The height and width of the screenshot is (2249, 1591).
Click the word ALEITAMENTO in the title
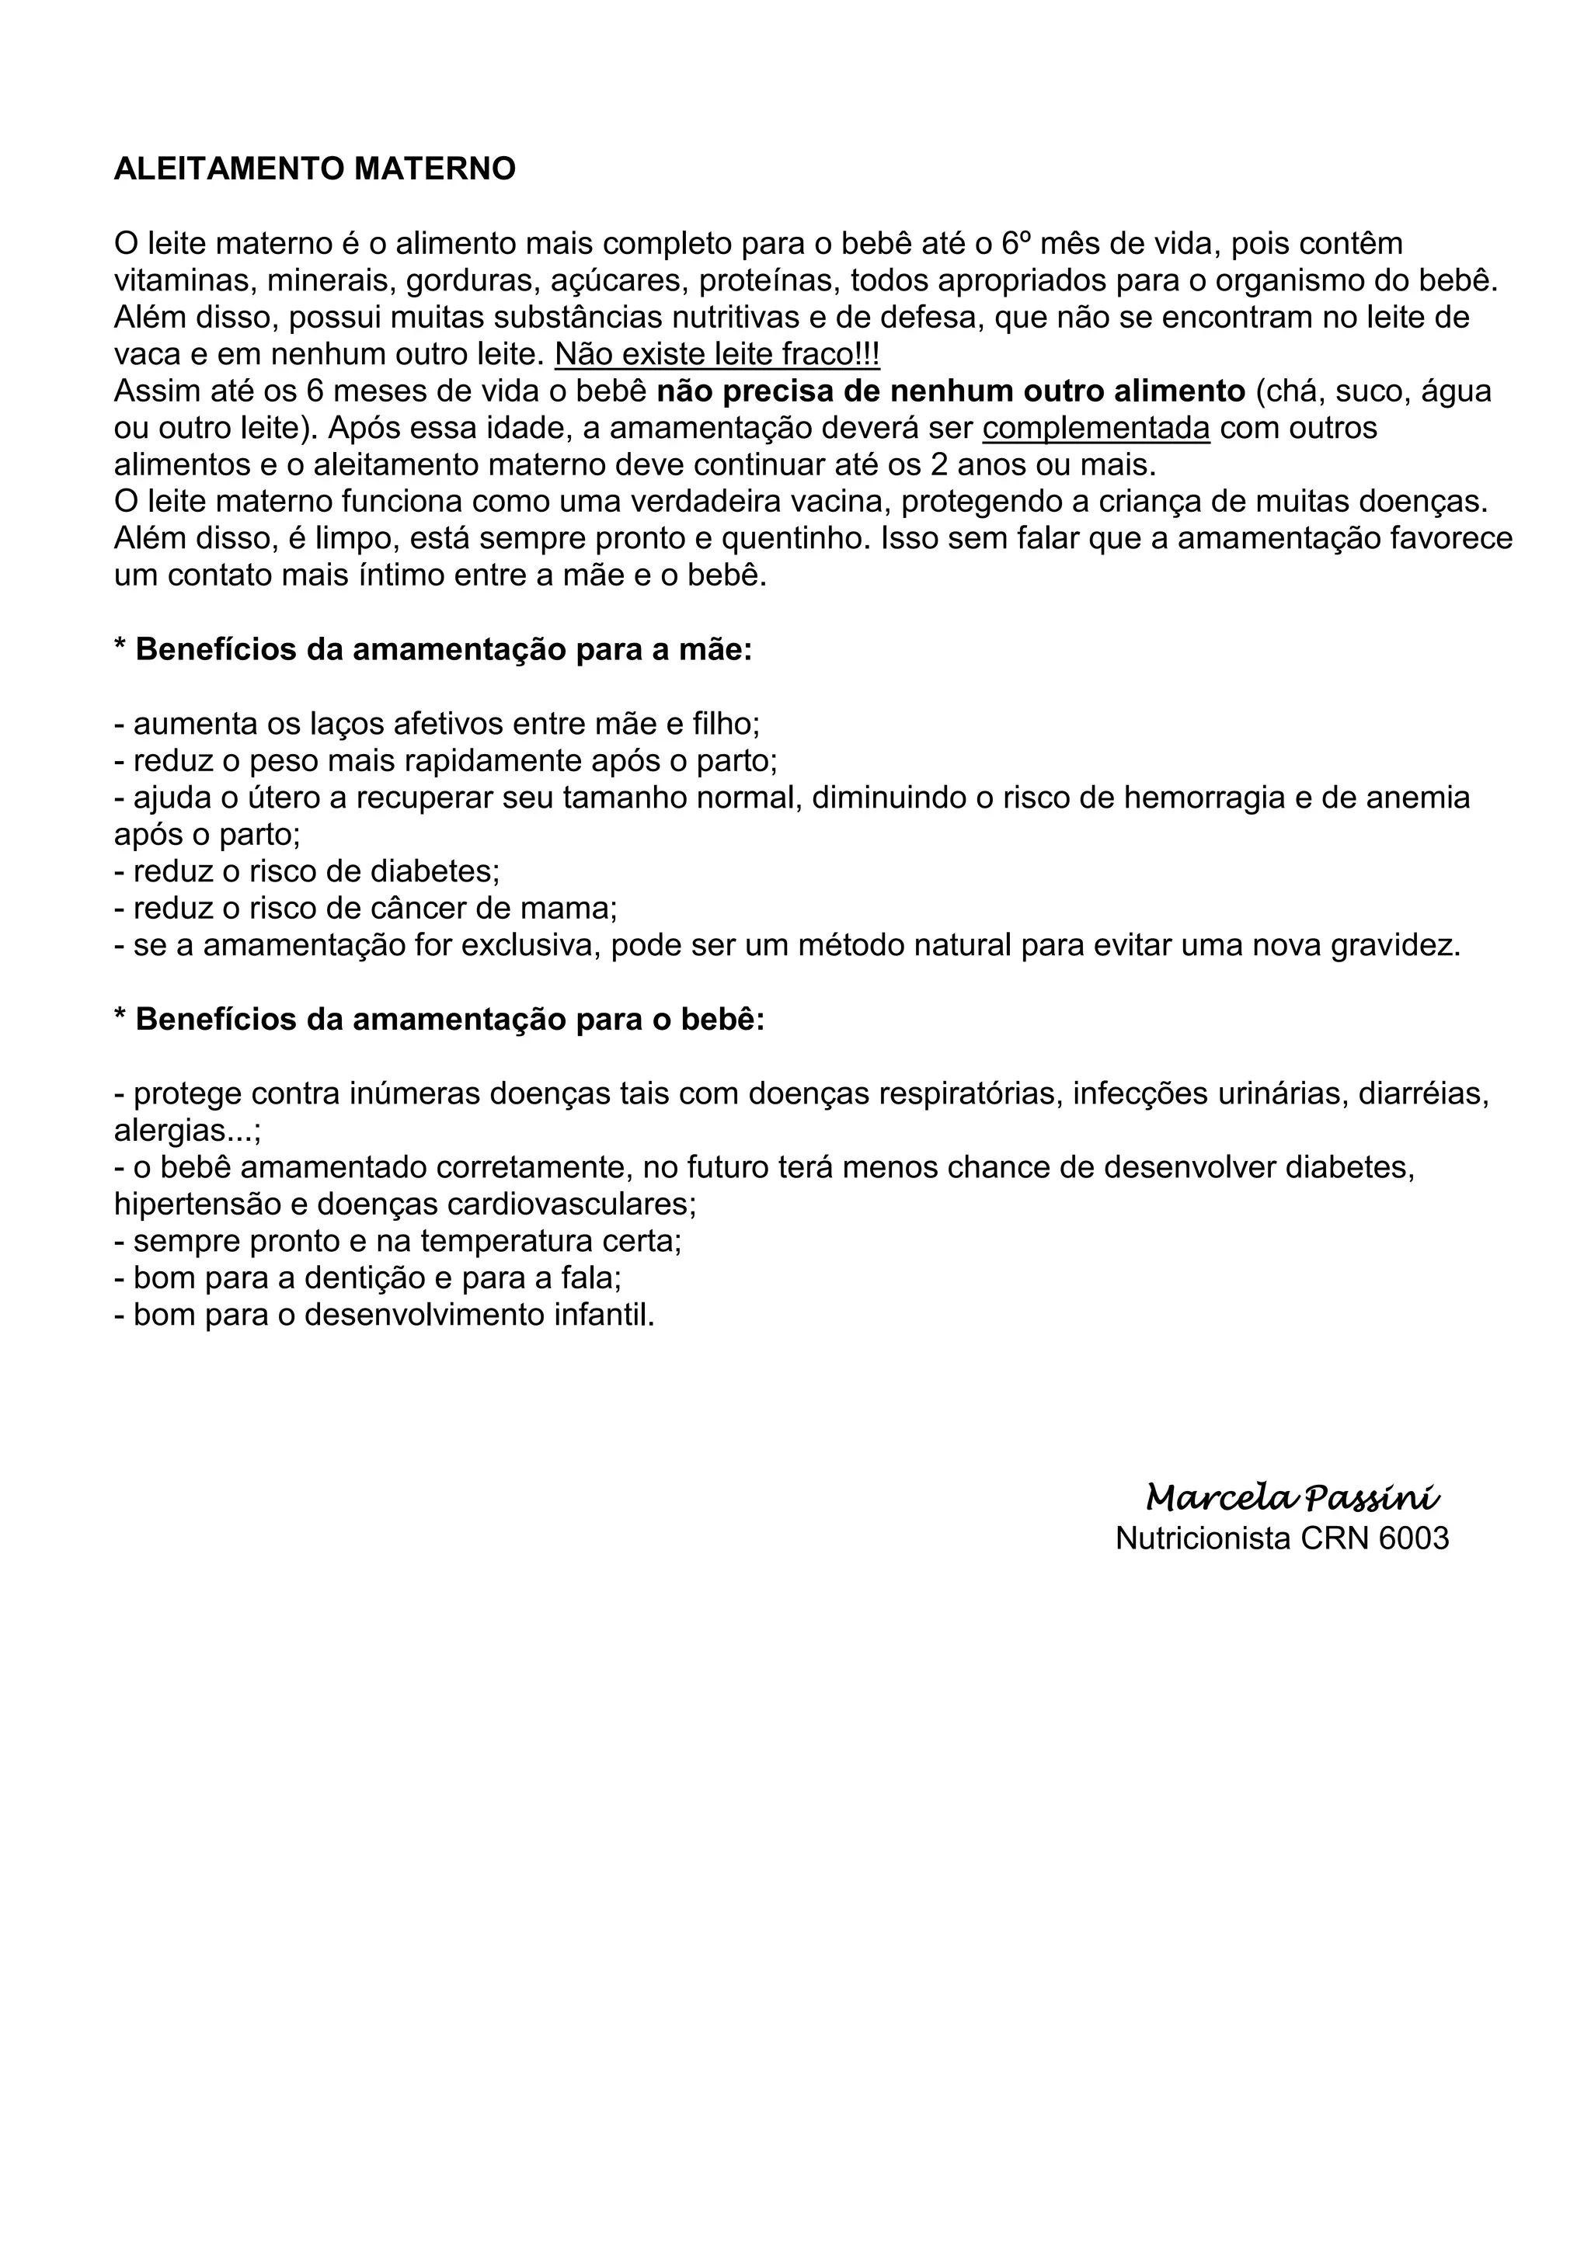point(229,169)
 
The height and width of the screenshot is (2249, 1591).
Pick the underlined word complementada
point(1096,428)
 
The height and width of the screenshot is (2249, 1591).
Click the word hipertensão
point(204,1204)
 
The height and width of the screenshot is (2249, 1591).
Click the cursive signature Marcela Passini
point(1292,1498)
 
